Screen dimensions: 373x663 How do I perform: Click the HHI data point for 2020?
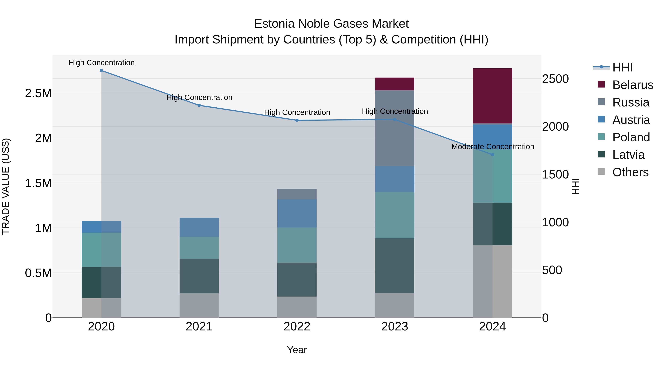tap(101, 71)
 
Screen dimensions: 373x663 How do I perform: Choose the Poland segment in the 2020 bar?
tap(101, 250)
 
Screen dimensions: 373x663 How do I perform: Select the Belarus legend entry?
tap(633, 85)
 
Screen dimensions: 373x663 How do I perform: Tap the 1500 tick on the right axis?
tap(555, 175)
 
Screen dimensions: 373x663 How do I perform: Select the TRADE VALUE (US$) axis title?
tap(6, 186)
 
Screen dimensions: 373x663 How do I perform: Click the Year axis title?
tap(297, 350)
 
